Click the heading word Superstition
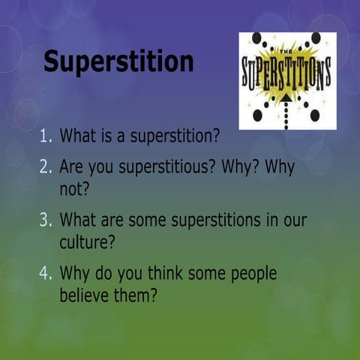[x=118, y=61]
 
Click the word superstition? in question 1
[x=173, y=137]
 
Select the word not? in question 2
[x=74, y=188]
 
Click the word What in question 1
[x=76, y=136]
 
